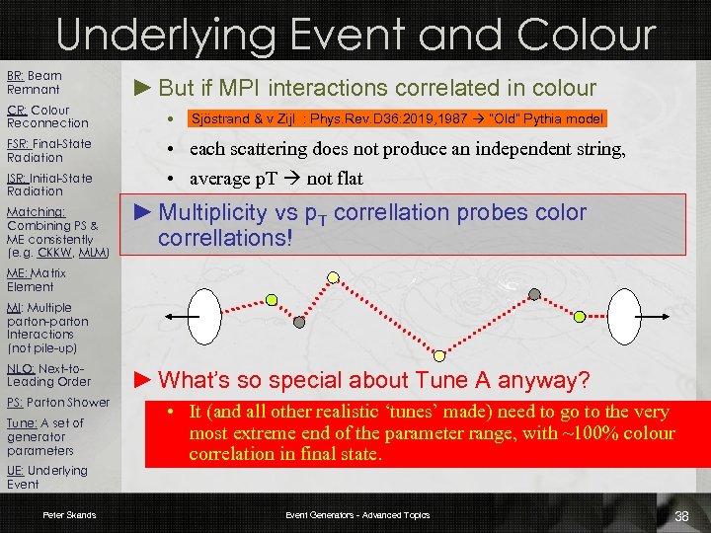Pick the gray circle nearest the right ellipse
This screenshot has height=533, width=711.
[x=534, y=293]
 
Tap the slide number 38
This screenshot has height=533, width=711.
[x=681, y=516]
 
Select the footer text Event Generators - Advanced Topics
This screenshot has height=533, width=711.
[x=357, y=515]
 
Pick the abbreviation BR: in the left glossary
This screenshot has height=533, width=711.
[x=16, y=76]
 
